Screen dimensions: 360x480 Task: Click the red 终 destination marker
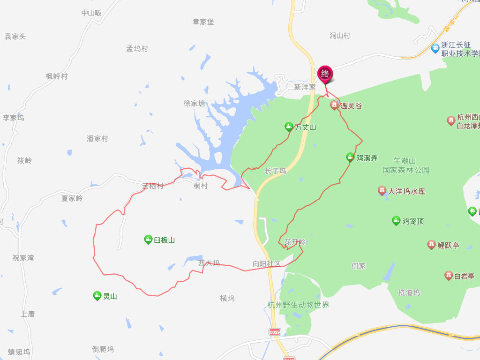click(x=325, y=74)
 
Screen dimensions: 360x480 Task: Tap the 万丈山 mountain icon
click(x=289, y=127)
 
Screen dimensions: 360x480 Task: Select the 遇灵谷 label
click(x=351, y=106)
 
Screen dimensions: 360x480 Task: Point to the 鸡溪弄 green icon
click(x=350, y=157)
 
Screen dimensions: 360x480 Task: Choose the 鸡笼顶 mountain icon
click(x=396, y=220)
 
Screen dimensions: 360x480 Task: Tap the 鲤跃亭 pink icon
click(x=431, y=244)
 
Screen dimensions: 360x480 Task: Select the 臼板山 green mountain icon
click(x=148, y=240)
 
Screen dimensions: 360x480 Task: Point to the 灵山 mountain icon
click(x=97, y=295)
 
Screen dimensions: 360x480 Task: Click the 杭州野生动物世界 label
click(x=298, y=305)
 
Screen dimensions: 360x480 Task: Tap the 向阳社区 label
click(x=266, y=264)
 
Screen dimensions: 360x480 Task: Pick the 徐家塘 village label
click(x=194, y=103)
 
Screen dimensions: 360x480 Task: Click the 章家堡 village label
click(x=203, y=22)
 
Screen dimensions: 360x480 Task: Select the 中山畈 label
click(x=91, y=13)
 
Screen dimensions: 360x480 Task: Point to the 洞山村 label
click(x=340, y=36)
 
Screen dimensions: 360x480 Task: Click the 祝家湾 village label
click(x=23, y=258)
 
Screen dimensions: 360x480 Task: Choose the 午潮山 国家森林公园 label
click(x=405, y=165)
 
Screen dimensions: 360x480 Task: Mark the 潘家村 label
click(x=97, y=139)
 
